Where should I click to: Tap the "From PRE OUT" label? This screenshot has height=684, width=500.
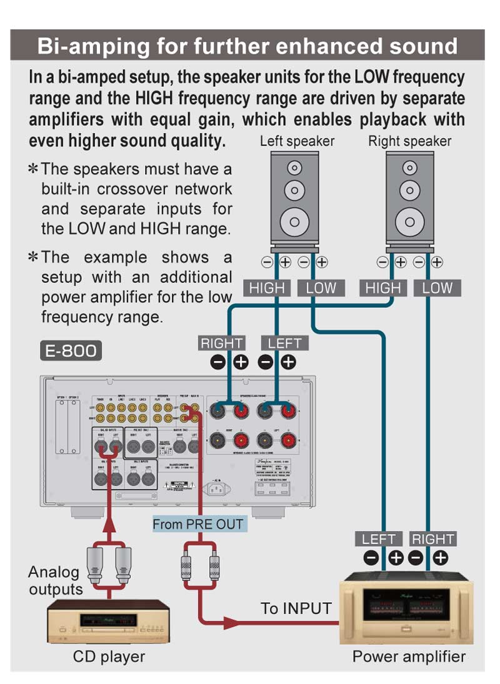pos(199,523)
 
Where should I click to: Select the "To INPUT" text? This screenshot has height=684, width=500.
pos(296,608)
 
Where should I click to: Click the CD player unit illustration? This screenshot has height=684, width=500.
pos(109,621)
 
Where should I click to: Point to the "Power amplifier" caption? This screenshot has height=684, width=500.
pos(409,656)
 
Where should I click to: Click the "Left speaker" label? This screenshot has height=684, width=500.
pos(297,141)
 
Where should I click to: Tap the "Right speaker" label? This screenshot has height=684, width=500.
pos(409,141)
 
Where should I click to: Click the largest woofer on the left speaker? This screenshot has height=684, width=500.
pos(294,221)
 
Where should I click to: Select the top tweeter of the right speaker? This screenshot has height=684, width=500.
pos(409,167)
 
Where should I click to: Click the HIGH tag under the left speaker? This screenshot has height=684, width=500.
pos(267,288)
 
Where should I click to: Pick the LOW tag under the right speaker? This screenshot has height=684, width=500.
pos(437,288)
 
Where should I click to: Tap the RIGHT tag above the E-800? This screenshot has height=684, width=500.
pos(221,343)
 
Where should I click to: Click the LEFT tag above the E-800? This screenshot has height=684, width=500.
pos(284,343)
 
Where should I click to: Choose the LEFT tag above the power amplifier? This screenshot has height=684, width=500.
pos(379,539)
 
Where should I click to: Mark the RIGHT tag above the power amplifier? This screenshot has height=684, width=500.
pos(432,539)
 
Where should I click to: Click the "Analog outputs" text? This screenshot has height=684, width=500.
pos(54,580)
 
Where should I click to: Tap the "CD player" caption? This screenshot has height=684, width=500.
pos(109,657)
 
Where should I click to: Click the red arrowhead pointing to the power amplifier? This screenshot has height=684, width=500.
pos(232,622)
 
